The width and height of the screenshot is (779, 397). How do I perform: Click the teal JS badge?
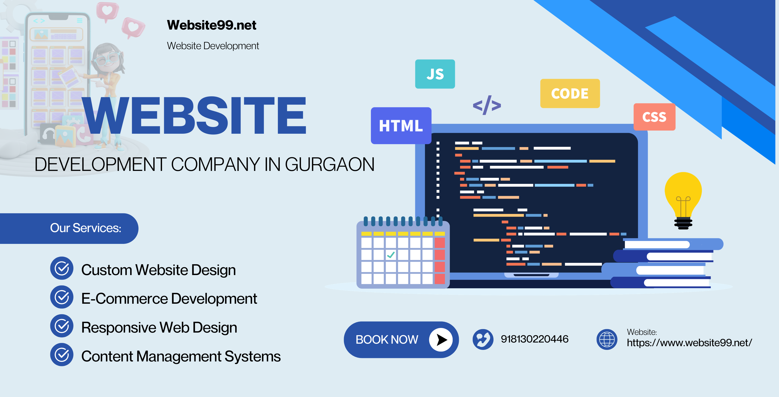pyautogui.click(x=435, y=74)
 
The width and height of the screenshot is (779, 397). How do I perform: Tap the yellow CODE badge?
pyautogui.click(x=570, y=94)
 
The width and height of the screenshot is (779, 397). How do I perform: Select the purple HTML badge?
pyautogui.click(x=401, y=126)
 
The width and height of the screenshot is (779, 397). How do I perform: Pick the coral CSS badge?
pyautogui.click(x=654, y=117)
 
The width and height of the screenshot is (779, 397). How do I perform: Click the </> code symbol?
pyautogui.click(x=487, y=105)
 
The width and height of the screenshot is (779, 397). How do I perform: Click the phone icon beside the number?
pyautogui.click(x=483, y=339)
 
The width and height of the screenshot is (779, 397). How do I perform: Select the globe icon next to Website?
pyautogui.click(x=607, y=339)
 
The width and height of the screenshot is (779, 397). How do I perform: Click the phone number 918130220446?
pyautogui.click(x=534, y=339)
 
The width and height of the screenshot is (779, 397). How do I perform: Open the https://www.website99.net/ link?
pyautogui.click(x=689, y=343)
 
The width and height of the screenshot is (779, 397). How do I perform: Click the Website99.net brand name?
pyautogui.click(x=211, y=25)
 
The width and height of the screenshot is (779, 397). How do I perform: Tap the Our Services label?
pyautogui.click(x=86, y=228)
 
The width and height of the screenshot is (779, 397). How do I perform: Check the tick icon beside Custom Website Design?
pyautogui.click(x=62, y=268)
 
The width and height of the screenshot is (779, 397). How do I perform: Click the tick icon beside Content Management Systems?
pyautogui.click(x=62, y=355)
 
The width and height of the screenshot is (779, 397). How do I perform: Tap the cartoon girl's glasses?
pyautogui.click(x=106, y=59)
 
